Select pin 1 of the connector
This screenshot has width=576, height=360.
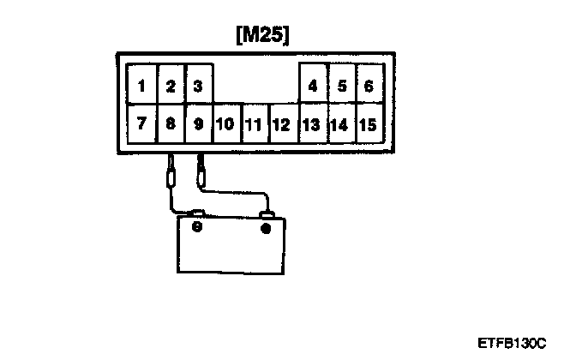[x=141, y=86]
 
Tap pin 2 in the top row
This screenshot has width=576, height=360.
[x=171, y=86]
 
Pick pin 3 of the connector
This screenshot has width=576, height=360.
[x=198, y=86]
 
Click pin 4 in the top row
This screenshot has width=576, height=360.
[x=313, y=86]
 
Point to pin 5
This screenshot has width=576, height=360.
[x=341, y=86]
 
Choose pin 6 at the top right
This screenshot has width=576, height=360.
[x=368, y=86]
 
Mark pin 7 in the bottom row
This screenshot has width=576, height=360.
[x=141, y=123]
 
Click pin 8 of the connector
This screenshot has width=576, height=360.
[x=171, y=123]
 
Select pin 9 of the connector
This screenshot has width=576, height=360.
[x=198, y=123]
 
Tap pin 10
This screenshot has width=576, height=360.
[x=225, y=124]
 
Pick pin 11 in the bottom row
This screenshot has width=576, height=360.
[x=253, y=124]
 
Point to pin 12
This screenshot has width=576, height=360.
[x=280, y=124]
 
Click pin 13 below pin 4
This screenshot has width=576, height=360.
[x=311, y=124]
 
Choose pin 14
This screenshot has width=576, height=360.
[x=339, y=124]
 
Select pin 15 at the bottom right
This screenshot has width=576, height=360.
[x=368, y=124]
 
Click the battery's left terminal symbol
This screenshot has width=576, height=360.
[x=196, y=228]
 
